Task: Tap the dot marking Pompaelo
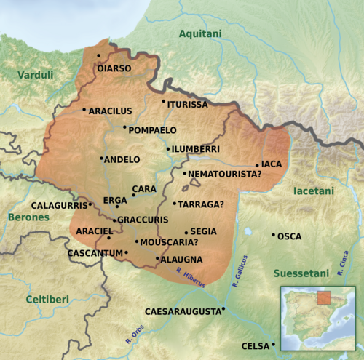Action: [x=124, y=127]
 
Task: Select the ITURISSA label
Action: [x=188, y=105]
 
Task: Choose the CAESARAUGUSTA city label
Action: [x=183, y=311]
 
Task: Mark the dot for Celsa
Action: [x=274, y=344]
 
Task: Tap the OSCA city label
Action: [x=290, y=236]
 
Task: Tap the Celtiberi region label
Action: [x=47, y=300]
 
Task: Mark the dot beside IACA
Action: [x=257, y=165]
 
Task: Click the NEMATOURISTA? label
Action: [x=225, y=175]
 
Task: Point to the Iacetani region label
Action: [x=313, y=191]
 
